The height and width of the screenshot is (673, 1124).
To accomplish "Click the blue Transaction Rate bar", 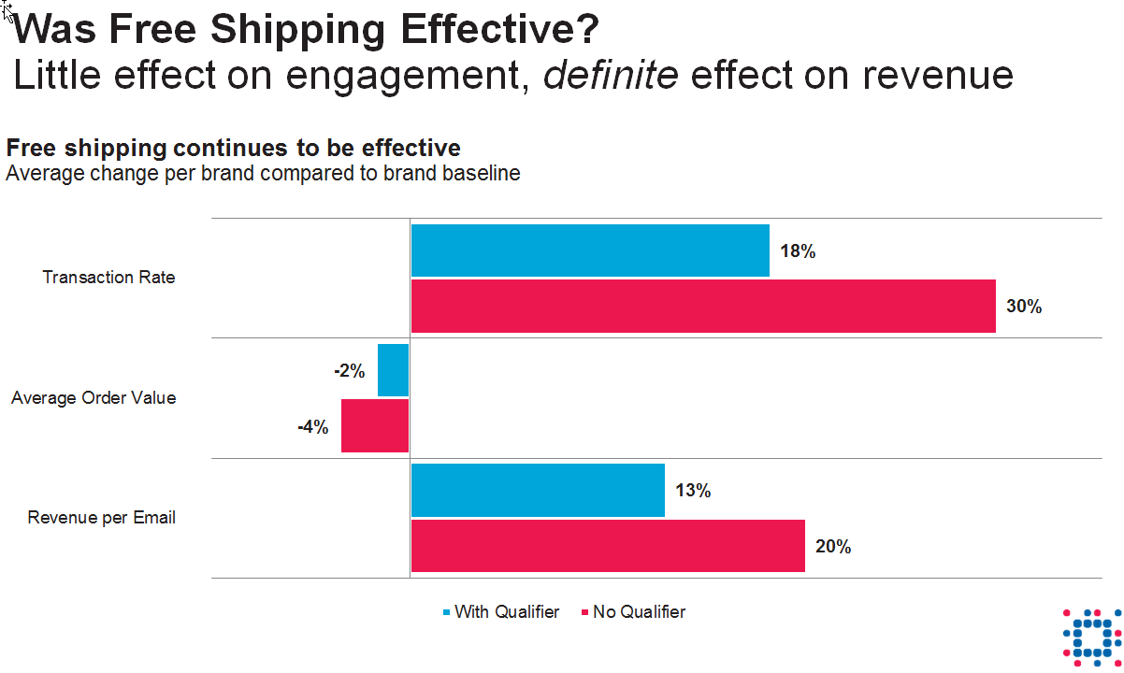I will [x=590, y=251].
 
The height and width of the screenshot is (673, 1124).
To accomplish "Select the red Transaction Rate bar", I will [x=703, y=306].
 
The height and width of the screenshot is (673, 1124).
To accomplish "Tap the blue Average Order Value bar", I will [x=394, y=370].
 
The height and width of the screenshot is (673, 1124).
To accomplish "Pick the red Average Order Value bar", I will [x=375, y=426].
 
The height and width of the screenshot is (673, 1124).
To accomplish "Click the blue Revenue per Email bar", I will [x=538, y=490].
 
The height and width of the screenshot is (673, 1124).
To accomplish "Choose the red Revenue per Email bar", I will [x=608, y=546].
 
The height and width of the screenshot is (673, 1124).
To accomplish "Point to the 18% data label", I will [x=799, y=251].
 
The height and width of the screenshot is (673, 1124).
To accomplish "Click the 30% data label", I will [x=1024, y=307].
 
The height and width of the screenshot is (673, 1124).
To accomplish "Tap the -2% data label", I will [x=349, y=371].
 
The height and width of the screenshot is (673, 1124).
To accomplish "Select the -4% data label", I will [x=312, y=427].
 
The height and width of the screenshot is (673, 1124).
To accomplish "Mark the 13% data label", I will [x=694, y=491].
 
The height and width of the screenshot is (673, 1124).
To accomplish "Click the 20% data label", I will [x=833, y=547].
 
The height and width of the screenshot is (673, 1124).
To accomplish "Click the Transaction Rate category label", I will [x=109, y=278].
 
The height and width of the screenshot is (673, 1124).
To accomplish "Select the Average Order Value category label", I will [x=94, y=398].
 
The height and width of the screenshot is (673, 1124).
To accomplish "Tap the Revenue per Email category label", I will [x=102, y=518].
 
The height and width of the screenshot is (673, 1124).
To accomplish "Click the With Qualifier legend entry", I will [x=501, y=612].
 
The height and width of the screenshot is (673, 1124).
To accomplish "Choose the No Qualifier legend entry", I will [x=634, y=612].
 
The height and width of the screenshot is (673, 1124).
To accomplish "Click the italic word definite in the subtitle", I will [x=611, y=75].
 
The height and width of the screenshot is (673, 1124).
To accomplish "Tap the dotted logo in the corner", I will [x=1091, y=636].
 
